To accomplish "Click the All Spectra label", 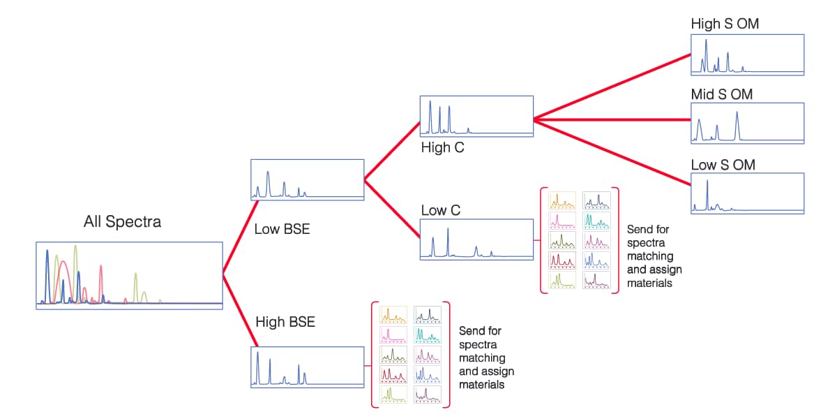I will point(122,222).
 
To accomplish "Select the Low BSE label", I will point(282,228).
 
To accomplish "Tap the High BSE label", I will point(285,322).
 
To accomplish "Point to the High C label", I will point(442,147).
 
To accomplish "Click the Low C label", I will point(441,210).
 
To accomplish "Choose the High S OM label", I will point(725,24).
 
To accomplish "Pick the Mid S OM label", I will point(722,94).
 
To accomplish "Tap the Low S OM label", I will point(723,165).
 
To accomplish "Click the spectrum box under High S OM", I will point(747,54).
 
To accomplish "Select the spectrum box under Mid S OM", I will point(747,124).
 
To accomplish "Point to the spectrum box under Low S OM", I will point(747,193).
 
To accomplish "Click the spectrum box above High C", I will point(476,116).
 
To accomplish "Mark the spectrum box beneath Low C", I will point(476,240).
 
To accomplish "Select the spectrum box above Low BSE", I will point(307,180).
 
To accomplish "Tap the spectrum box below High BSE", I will point(307,367).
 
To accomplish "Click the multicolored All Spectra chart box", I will point(129,275).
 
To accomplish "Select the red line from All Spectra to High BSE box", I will point(241,310).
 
